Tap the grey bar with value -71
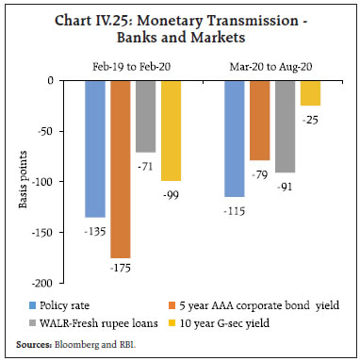point(146,116)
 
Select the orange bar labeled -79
point(259,120)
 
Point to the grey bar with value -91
point(285,126)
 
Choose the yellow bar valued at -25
point(309,92)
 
